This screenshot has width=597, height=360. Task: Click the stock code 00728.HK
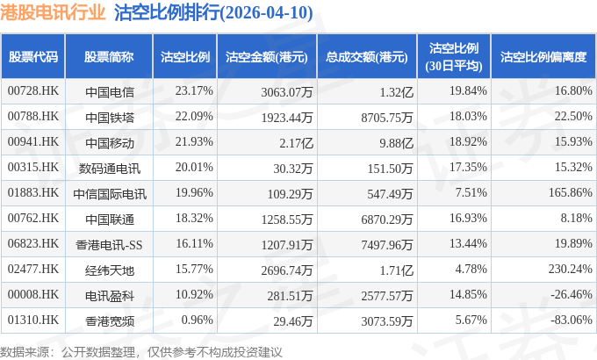point(33,90)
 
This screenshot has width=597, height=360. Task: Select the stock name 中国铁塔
point(110,117)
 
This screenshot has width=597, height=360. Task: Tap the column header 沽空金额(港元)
point(267,57)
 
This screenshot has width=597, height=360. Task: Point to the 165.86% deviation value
point(571,192)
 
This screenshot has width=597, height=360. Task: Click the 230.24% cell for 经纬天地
point(571,269)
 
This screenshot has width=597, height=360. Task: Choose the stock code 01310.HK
point(33,320)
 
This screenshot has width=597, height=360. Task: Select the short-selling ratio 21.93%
point(194,141)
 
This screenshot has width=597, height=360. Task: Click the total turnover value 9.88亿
point(396,143)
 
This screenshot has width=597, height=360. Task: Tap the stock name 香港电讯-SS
point(109,245)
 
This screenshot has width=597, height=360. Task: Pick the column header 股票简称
point(109,57)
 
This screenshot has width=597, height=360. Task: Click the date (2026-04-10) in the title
point(267,12)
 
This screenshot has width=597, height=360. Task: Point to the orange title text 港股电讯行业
point(53,12)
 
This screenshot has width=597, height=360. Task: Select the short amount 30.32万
point(292,169)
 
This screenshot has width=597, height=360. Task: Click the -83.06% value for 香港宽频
point(572,320)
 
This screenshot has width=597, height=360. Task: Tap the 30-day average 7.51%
point(471,192)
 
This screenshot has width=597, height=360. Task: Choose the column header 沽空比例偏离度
point(543,57)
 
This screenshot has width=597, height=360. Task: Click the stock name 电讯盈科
point(110,296)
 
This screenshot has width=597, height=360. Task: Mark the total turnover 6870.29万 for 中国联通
point(387,220)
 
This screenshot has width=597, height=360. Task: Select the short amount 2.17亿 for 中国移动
point(296,143)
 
